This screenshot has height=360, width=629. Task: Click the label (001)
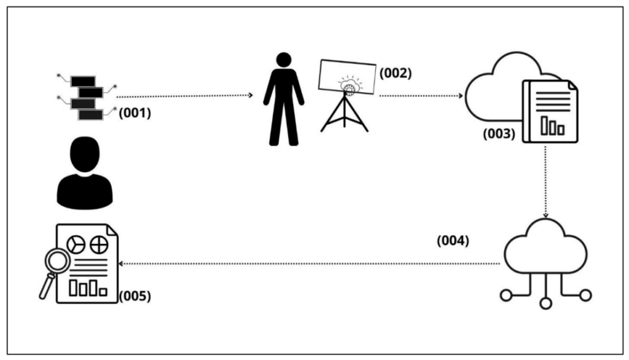(x=135, y=113)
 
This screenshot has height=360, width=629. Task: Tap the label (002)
(x=396, y=73)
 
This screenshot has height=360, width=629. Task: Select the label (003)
(x=499, y=133)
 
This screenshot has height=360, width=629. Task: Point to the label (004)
(x=453, y=240)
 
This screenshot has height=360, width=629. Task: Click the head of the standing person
(x=284, y=60)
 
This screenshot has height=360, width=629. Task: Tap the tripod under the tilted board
(x=344, y=112)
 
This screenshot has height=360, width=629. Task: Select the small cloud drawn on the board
(x=350, y=85)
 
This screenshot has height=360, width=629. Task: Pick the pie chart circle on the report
(x=76, y=245)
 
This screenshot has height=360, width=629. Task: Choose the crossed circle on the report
(x=99, y=245)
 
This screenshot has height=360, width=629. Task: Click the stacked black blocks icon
(x=87, y=98)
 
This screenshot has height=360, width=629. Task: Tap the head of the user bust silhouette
(x=85, y=154)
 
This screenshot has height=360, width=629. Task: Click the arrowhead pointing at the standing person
(x=251, y=95)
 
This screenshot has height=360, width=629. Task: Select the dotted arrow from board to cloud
(x=421, y=96)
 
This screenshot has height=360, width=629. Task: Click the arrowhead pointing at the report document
(x=121, y=264)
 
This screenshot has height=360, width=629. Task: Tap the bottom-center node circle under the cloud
(x=545, y=303)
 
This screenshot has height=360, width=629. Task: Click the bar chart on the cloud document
(x=553, y=125)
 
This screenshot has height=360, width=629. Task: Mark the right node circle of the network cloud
(x=585, y=295)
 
